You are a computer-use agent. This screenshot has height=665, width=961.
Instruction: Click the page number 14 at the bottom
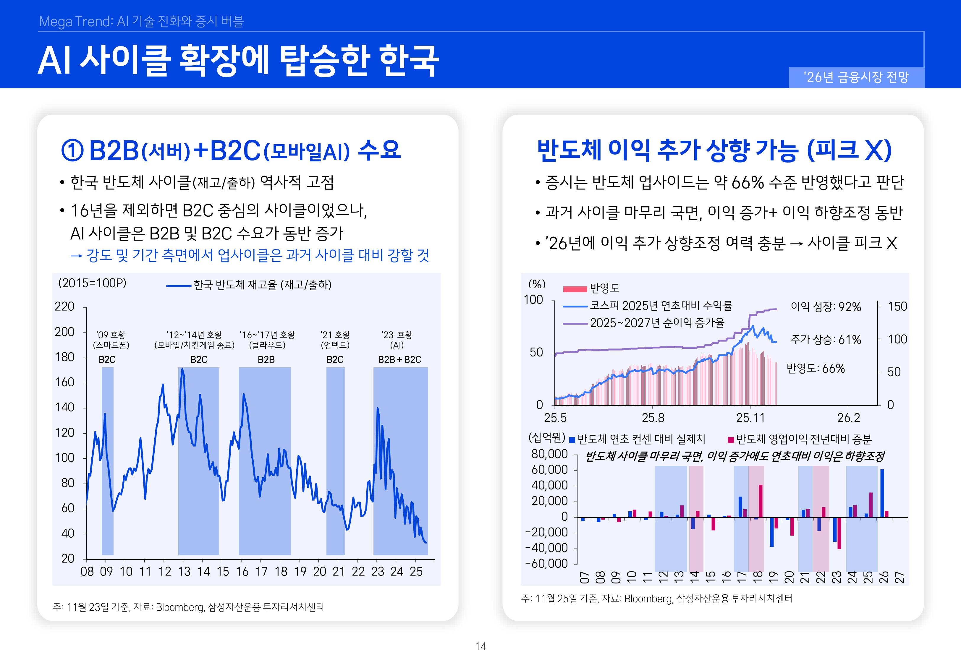[480, 646]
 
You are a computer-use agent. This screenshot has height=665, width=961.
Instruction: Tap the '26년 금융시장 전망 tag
[856, 77]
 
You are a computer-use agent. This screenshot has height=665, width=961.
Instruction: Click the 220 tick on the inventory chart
[64, 307]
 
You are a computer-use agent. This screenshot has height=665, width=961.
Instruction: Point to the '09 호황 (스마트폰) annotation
[111, 340]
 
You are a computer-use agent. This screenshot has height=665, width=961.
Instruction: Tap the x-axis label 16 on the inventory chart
[242, 572]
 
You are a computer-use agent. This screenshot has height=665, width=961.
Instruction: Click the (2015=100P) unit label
[92, 283]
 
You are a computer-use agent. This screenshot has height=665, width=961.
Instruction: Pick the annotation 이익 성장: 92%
[826, 307]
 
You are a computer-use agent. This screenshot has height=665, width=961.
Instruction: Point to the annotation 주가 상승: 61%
[826, 340]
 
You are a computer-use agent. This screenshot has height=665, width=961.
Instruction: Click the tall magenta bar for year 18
[761, 501]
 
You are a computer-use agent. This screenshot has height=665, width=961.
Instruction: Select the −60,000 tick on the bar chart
[547, 564]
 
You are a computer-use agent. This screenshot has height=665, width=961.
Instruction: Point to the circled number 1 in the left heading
[72, 150]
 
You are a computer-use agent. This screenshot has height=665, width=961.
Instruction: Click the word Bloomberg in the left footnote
[179, 607]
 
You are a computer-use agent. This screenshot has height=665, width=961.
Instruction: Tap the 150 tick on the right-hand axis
[897, 307]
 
